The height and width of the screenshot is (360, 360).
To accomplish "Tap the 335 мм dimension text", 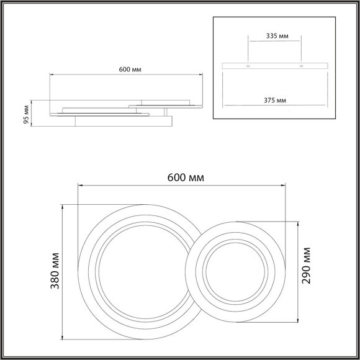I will [x=274, y=37].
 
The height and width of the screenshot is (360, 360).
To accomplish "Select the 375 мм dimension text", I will [x=274, y=100].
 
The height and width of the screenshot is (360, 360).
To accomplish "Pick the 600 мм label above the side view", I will [x=129, y=69].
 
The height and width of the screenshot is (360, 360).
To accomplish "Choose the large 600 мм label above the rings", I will [x=186, y=177].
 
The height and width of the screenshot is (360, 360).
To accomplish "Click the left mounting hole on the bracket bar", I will [x=248, y=66].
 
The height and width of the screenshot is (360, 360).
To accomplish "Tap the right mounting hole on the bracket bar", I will [x=300, y=66].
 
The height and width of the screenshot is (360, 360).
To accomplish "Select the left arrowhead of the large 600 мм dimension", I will [x=79, y=185].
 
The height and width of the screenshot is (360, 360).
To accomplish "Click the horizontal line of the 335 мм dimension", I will [x=274, y=43].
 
